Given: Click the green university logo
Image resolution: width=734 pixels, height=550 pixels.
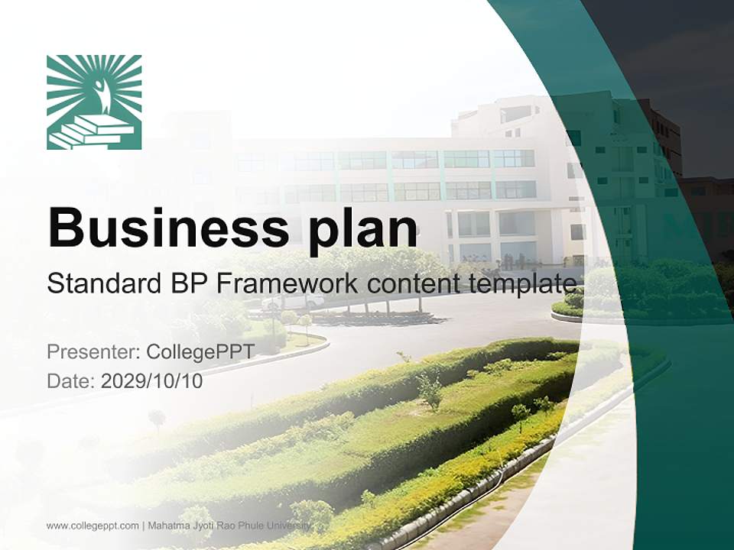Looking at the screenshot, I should click(94, 102).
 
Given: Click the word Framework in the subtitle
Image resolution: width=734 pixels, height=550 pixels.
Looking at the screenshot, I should click(287, 284).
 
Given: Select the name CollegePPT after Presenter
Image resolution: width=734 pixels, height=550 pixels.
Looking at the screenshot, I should click(200, 352).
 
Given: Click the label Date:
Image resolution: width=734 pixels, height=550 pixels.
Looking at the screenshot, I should click(71, 380).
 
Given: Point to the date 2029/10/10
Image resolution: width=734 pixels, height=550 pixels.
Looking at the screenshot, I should click(152, 380).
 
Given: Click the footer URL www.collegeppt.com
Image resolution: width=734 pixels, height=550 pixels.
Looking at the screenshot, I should click(93, 526).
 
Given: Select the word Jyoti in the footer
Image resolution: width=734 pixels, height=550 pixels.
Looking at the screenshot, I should click(199, 526).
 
